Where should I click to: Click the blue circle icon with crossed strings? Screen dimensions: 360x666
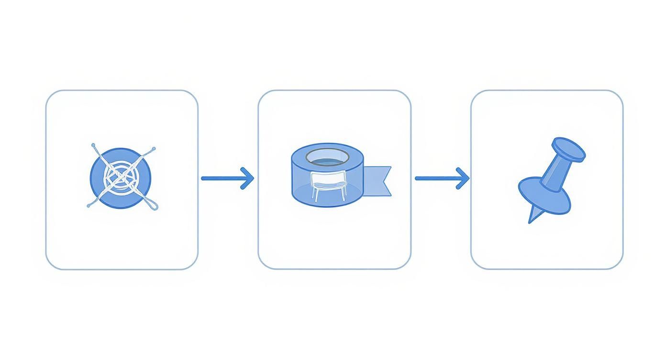121,178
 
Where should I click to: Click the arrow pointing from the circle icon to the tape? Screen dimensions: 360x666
227,178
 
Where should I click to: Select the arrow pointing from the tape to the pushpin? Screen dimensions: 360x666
441,178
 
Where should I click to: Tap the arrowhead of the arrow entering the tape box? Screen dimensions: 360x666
248,178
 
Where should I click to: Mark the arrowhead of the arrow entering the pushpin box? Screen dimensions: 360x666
463,178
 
